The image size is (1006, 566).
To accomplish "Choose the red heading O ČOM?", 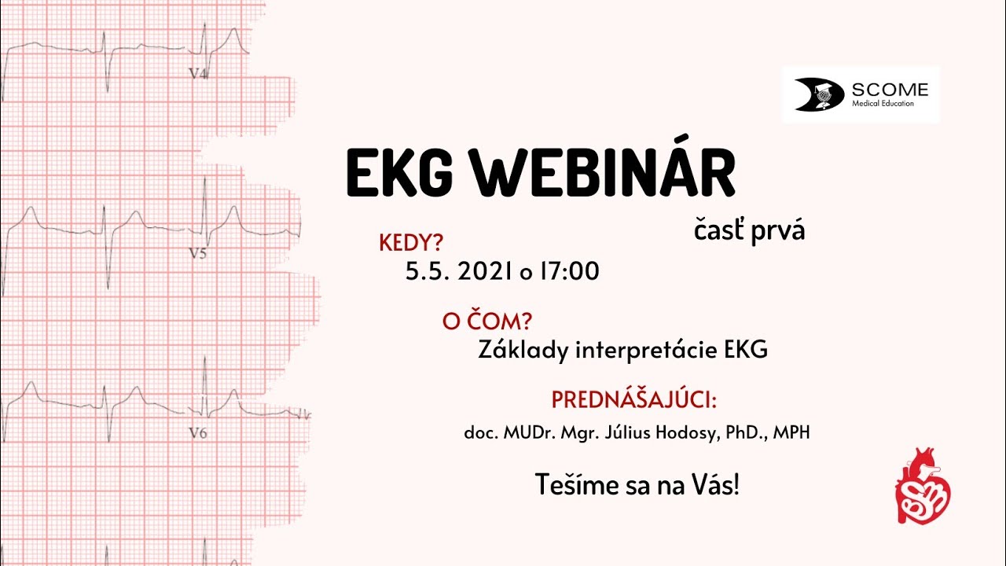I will coord(487,322).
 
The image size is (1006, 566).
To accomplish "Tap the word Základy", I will coord(523,351).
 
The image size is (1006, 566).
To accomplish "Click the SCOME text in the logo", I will coord(890,90).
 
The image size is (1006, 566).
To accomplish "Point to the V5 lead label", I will coord(197,254).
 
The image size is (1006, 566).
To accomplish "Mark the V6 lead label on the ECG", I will coord(197,432).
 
